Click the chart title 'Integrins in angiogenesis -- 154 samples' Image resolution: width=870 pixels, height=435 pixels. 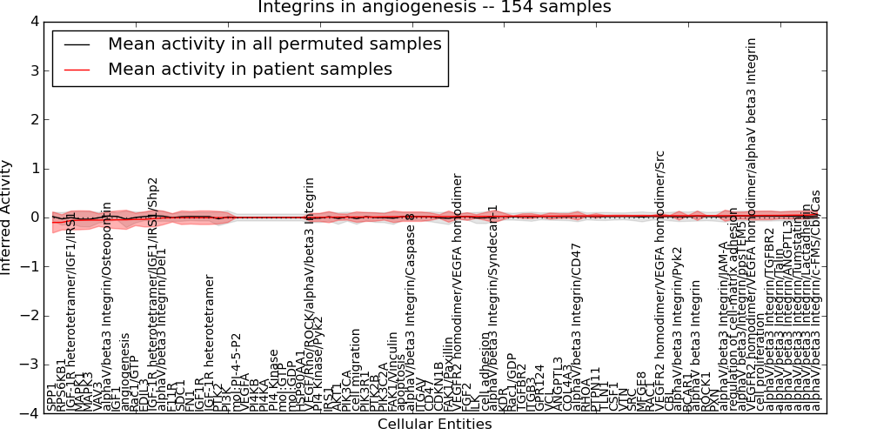coord(434,8)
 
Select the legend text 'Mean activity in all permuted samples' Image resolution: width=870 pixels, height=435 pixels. coord(274,43)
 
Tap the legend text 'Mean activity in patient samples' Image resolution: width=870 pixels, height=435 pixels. coord(250,70)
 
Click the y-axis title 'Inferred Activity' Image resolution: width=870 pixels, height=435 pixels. coord(8,217)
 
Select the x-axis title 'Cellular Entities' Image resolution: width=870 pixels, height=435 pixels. coord(434,425)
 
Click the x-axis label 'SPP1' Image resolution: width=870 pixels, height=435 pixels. coord(51,398)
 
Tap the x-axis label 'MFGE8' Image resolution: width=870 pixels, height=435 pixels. coord(643,391)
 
